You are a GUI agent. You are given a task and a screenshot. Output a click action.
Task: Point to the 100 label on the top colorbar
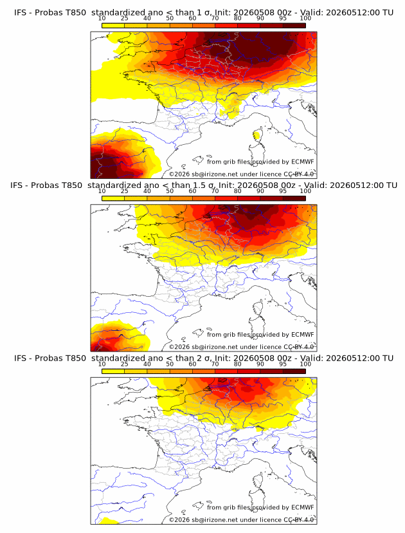(305, 18)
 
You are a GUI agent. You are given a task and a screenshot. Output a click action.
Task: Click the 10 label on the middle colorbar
(102, 191)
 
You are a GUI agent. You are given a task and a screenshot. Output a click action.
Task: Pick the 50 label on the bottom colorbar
(170, 364)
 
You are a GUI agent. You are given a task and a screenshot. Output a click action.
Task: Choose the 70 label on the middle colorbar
(215, 191)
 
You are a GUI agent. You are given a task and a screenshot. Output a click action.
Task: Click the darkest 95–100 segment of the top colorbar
(294, 26)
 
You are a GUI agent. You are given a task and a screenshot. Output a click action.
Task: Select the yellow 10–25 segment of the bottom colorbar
(113, 371)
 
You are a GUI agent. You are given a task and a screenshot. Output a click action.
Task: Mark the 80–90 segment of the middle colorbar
(249, 198)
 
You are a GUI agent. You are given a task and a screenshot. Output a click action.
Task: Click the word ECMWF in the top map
(303, 162)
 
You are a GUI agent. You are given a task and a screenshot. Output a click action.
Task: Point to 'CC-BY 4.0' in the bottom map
(299, 519)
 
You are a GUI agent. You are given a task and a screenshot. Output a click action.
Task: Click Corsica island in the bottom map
(258, 481)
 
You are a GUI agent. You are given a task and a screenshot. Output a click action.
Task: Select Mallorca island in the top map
(197, 160)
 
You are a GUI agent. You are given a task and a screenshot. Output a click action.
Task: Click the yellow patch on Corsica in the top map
(257, 136)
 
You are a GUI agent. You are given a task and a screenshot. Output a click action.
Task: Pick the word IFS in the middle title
(16, 185)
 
